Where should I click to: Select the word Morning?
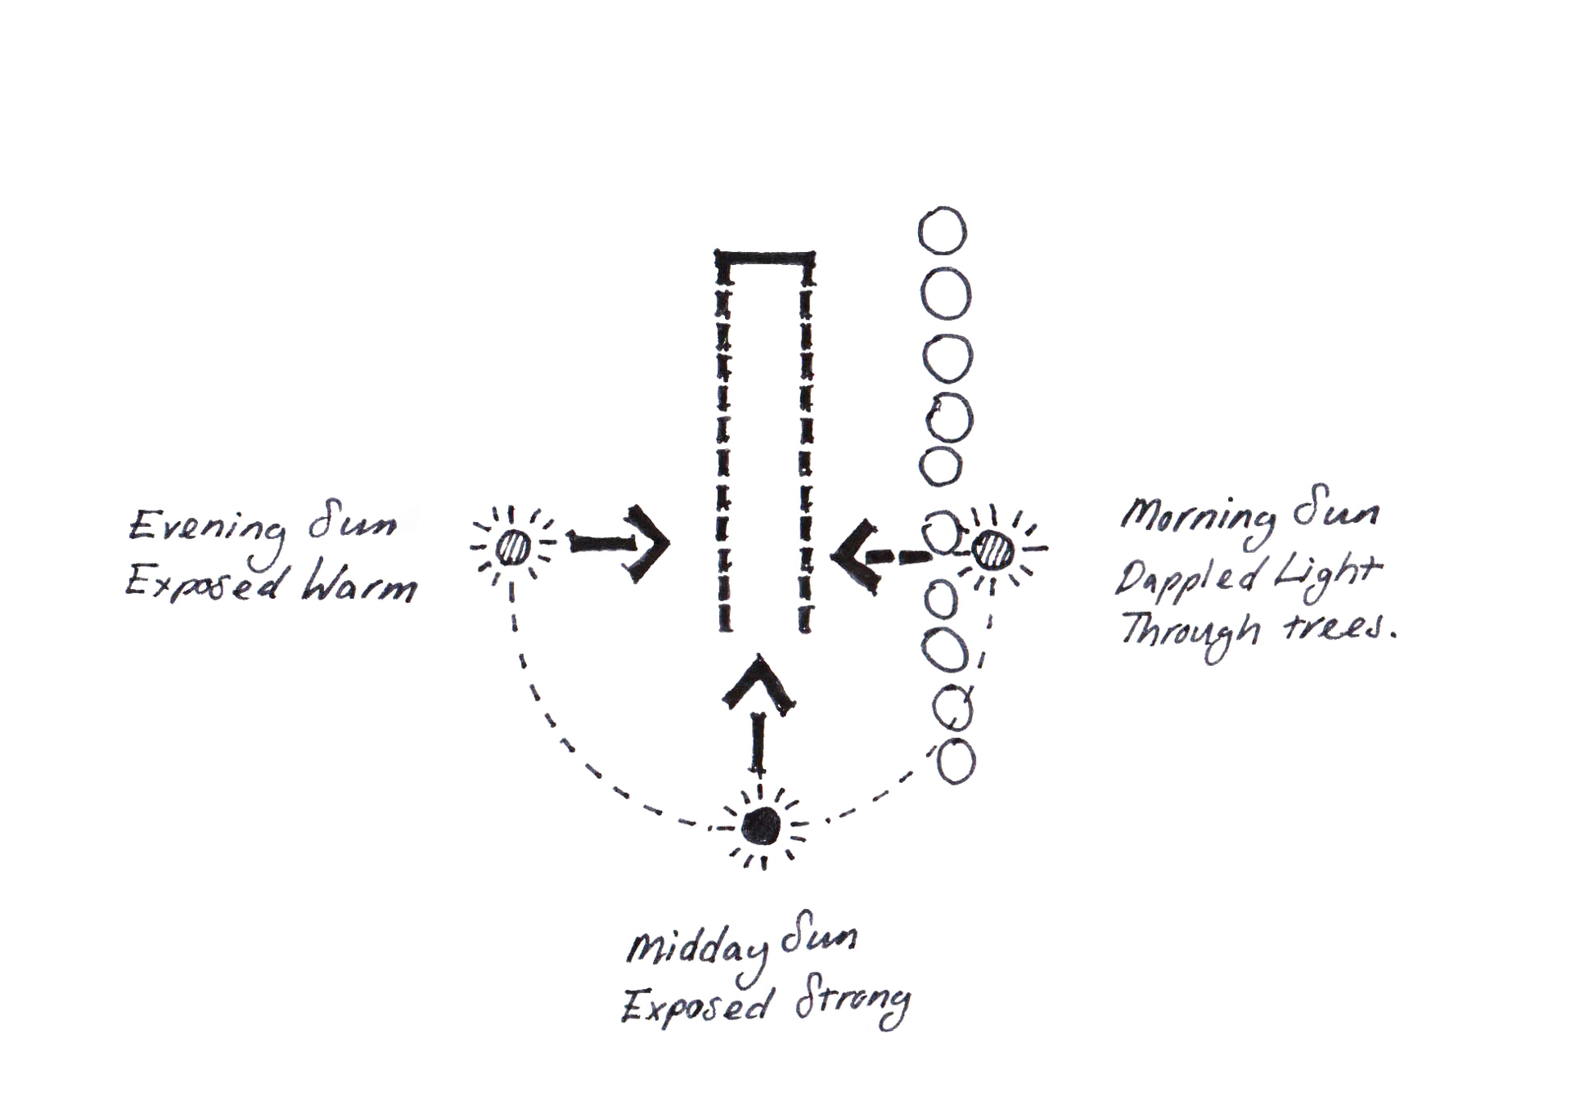click(x=1197, y=519)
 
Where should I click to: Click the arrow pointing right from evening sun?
click(x=619, y=543)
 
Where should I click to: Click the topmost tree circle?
click(x=943, y=230)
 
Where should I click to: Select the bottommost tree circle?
click(x=956, y=762)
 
